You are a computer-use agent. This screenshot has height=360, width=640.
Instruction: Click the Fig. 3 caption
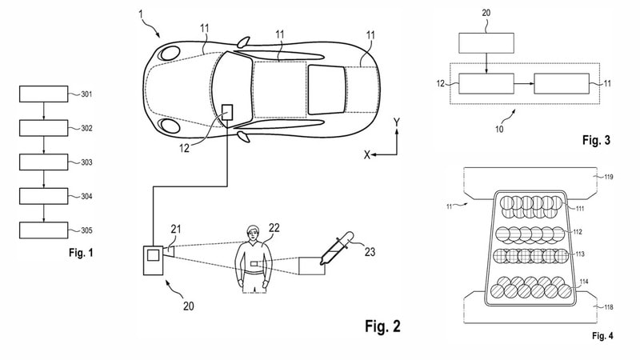(596, 141)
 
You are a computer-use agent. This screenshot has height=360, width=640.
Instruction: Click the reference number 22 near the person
(274, 228)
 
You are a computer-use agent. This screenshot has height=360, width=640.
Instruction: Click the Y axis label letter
(396, 122)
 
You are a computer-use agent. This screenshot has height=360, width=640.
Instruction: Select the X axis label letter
(367, 154)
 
